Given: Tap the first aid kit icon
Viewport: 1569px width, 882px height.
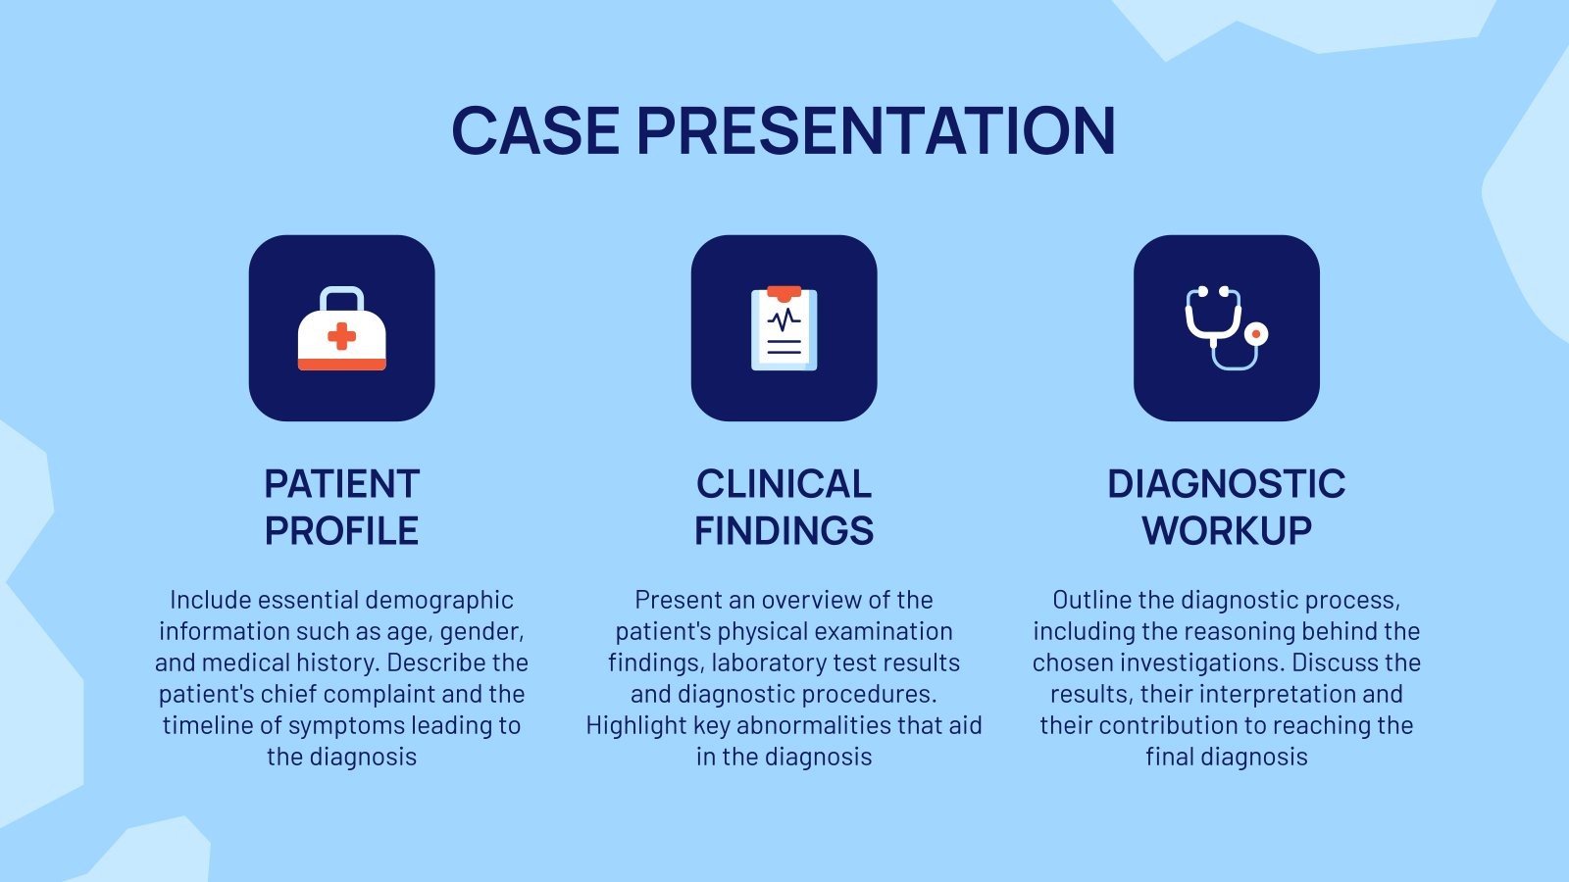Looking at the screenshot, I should tap(341, 328).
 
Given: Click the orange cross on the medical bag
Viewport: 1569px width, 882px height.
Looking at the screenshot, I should tap(341, 337).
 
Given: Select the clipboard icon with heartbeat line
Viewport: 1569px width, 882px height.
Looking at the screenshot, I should tap(784, 328).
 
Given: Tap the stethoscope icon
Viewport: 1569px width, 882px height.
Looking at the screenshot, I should tap(1224, 328).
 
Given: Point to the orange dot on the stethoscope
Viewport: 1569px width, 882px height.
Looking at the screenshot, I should tap(1255, 334).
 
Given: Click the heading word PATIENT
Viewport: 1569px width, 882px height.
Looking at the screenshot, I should tap(341, 484).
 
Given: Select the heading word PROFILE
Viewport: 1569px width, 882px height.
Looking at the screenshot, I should tap(341, 531).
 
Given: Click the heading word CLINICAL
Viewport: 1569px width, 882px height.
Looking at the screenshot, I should tap(784, 484).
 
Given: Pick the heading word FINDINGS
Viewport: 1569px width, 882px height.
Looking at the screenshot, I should tap(784, 531).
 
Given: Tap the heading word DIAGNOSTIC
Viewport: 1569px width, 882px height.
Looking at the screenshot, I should tap(1226, 484).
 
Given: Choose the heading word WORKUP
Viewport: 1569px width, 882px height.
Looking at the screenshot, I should tap(1226, 531).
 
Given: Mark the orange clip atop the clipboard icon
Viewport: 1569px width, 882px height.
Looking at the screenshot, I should tap(784, 292).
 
